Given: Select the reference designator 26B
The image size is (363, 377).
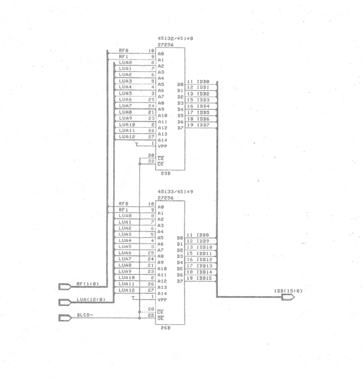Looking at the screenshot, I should click(x=166, y=328).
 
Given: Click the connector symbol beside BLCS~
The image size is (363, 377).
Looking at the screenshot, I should click(x=64, y=318).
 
